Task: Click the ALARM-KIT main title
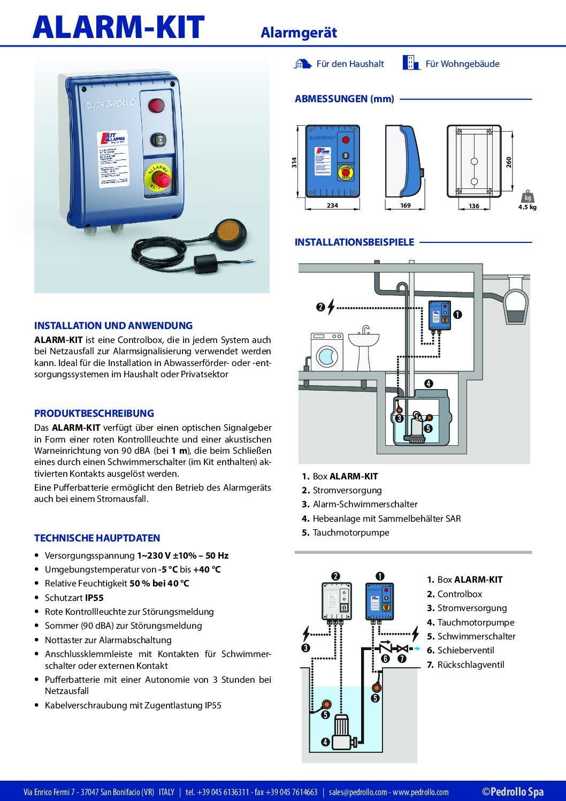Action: pyautogui.click(x=118, y=27)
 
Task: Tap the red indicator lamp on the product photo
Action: pyautogui.click(x=156, y=105)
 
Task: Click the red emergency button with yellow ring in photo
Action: pyautogui.click(x=158, y=177)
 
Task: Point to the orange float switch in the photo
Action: pyautogui.click(x=229, y=231)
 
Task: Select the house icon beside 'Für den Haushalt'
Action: pyautogui.click(x=303, y=64)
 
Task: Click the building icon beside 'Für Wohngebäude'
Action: pyautogui.click(x=411, y=63)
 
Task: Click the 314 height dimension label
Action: pyautogui.click(x=294, y=163)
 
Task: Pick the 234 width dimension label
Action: pyautogui.click(x=332, y=205)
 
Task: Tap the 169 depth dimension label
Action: pyautogui.click(x=406, y=205)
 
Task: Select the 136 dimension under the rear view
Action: pyautogui.click(x=474, y=206)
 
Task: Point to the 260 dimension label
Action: pyautogui.click(x=509, y=162)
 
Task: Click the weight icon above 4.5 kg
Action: pyautogui.click(x=527, y=196)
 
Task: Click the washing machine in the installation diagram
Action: pyautogui.click(x=327, y=352)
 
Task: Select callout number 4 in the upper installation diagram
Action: pyautogui.click(x=429, y=383)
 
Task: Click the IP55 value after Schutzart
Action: pyautogui.click(x=94, y=598)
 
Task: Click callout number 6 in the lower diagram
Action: pyautogui.click(x=385, y=659)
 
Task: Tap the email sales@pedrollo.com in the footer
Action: pyautogui.click(x=358, y=792)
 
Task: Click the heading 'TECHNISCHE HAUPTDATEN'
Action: pyautogui.click(x=97, y=538)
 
